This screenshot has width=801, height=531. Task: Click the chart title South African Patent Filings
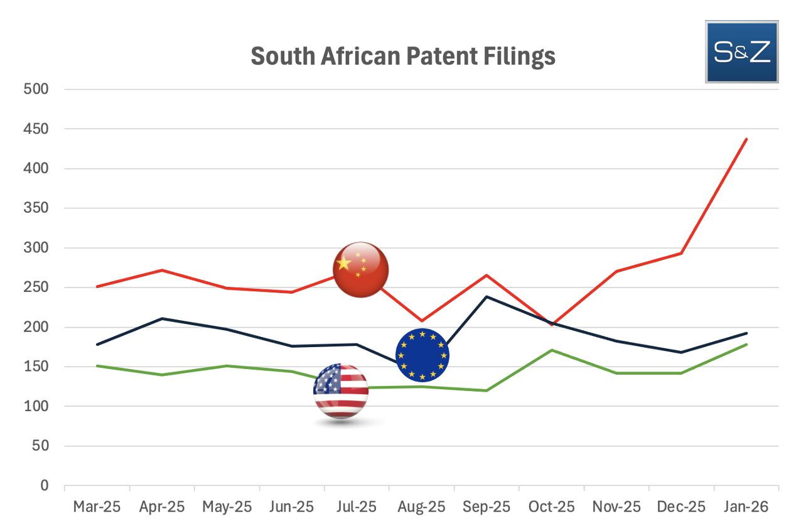(x=402, y=56)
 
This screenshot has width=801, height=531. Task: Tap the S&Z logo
(x=741, y=52)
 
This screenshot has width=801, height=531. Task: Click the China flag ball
(x=360, y=269)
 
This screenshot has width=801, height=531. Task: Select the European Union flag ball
(x=422, y=355)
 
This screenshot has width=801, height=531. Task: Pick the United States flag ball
(x=341, y=390)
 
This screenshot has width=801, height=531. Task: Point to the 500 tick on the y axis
(x=36, y=89)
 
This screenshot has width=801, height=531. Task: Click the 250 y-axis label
(x=36, y=287)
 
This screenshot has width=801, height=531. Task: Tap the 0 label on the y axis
(x=44, y=486)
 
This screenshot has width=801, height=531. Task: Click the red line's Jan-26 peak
(x=746, y=139)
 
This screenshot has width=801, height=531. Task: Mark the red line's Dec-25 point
(x=681, y=253)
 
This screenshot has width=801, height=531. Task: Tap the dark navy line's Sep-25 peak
(x=487, y=296)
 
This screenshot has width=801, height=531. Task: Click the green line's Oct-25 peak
(x=551, y=350)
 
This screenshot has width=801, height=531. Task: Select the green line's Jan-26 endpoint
(x=746, y=345)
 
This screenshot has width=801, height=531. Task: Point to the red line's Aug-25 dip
(x=421, y=321)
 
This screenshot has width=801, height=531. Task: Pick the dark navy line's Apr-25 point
(x=161, y=318)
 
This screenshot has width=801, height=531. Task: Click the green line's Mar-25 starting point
(x=97, y=366)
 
